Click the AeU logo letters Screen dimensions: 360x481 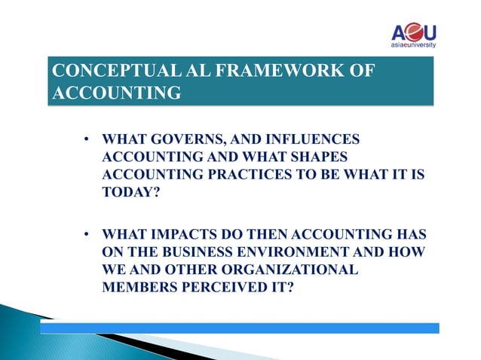(x=413, y=33)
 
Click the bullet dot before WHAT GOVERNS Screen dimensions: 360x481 (x=87, y=140)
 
